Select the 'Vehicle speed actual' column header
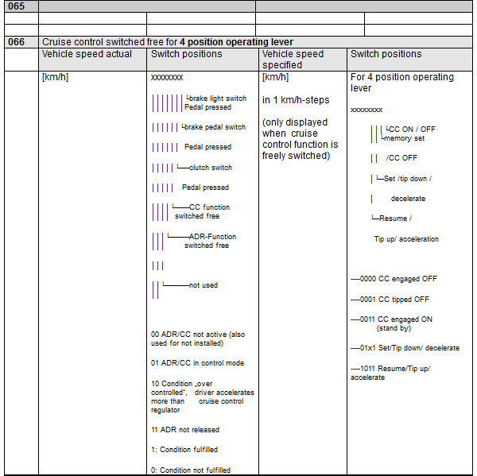[x=87, y=54]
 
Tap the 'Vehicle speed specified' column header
[x=293, y=60]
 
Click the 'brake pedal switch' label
[x=215, y=127]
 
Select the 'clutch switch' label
[x=211, y=168]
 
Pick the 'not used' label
[x=203, y=285]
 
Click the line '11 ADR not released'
[x=185, y=430]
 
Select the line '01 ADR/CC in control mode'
[x=197, y=363]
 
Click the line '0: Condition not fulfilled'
[x=191, y=470]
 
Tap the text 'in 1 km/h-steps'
[x=295, y=100]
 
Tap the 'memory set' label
[x=405, y=137]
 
